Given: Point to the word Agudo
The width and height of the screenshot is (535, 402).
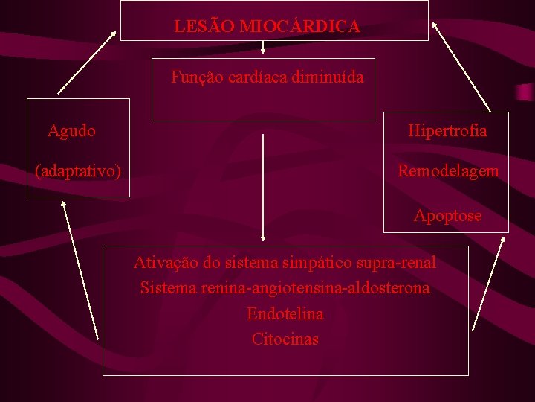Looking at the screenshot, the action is click(71, 132).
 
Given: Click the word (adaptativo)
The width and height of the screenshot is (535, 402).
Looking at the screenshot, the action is click(79, 171).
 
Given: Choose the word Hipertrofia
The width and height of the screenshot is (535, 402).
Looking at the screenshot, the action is click(447, 131).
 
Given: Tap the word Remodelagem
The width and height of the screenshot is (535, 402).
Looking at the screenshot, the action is click(448, 171).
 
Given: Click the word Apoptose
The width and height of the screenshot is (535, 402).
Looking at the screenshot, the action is click(447, 216).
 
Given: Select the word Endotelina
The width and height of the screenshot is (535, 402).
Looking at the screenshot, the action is click(285, 314).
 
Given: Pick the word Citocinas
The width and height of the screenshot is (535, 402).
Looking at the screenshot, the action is click(285, 339).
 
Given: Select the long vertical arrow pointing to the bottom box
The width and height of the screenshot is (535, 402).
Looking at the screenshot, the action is click(262, 186).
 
